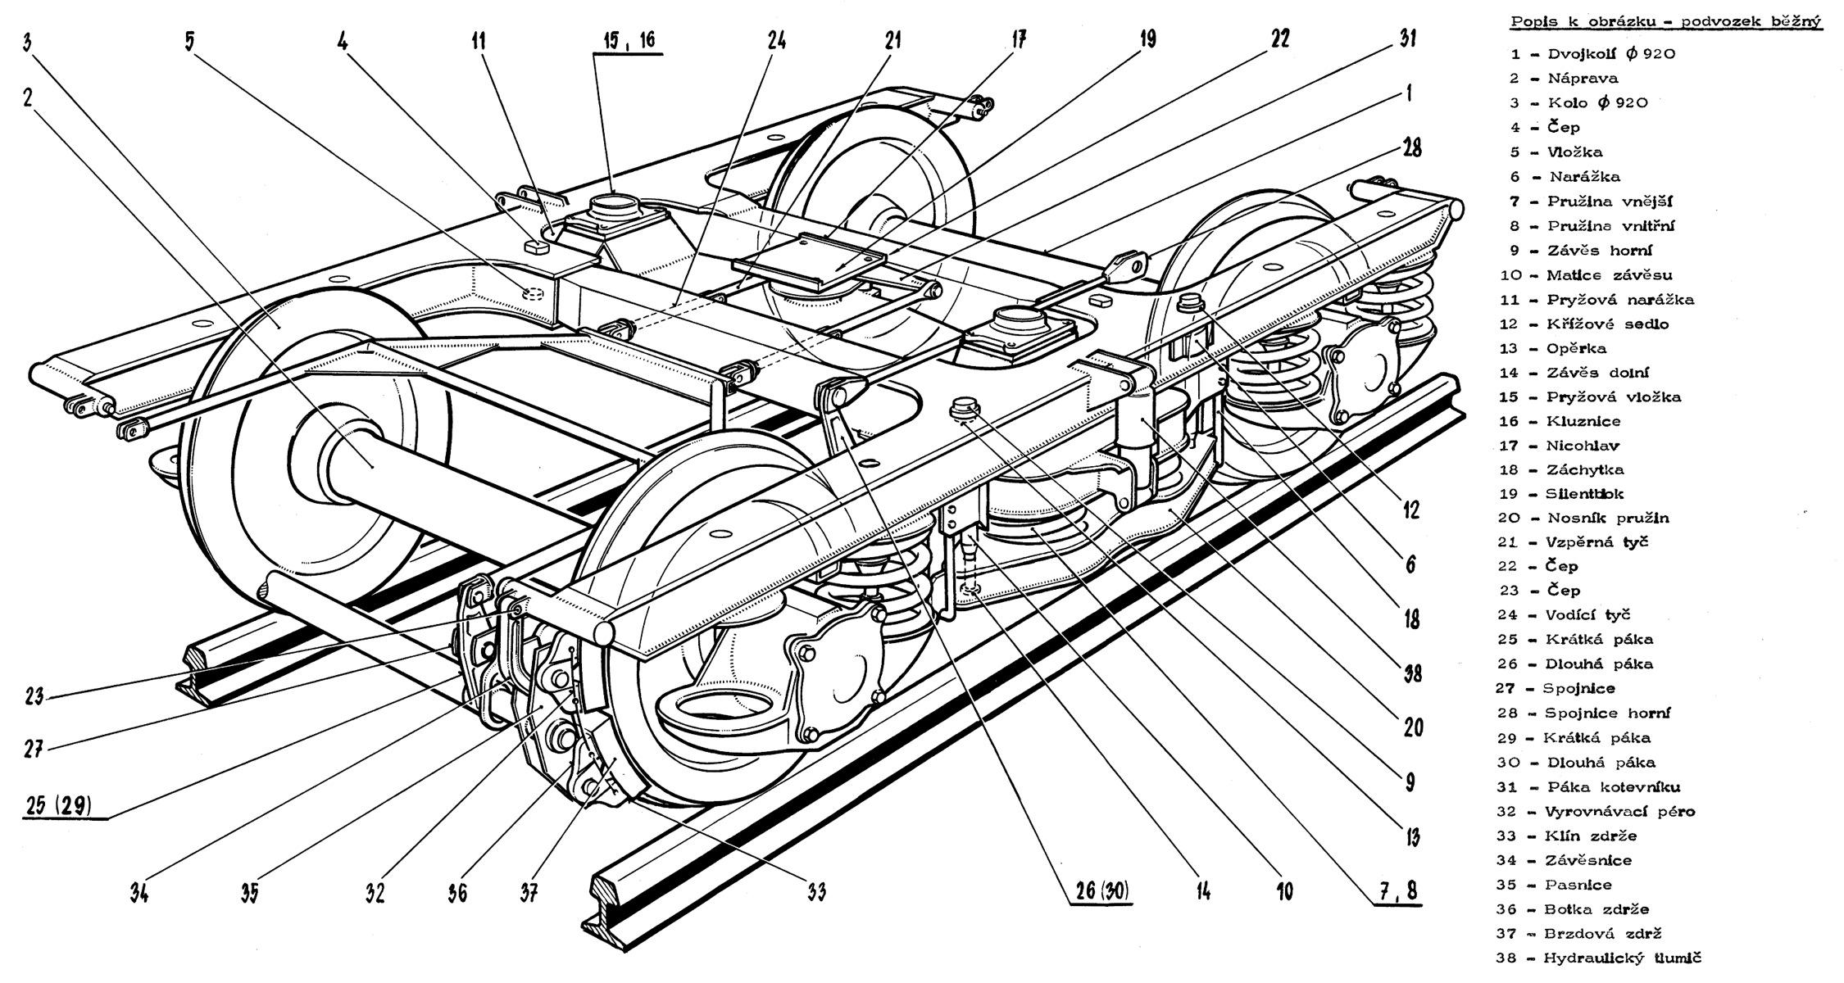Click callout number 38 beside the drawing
click(1411, 673)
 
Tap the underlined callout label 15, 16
click(629, 40)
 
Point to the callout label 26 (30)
click(1101, 890)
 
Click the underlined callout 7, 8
click(1398, 890)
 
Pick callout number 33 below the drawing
click(815, 890)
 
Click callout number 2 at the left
click(29, 97)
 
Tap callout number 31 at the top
click(1408, 38)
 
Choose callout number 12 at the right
click(1410, 510)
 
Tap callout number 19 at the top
click(1148, 39)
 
